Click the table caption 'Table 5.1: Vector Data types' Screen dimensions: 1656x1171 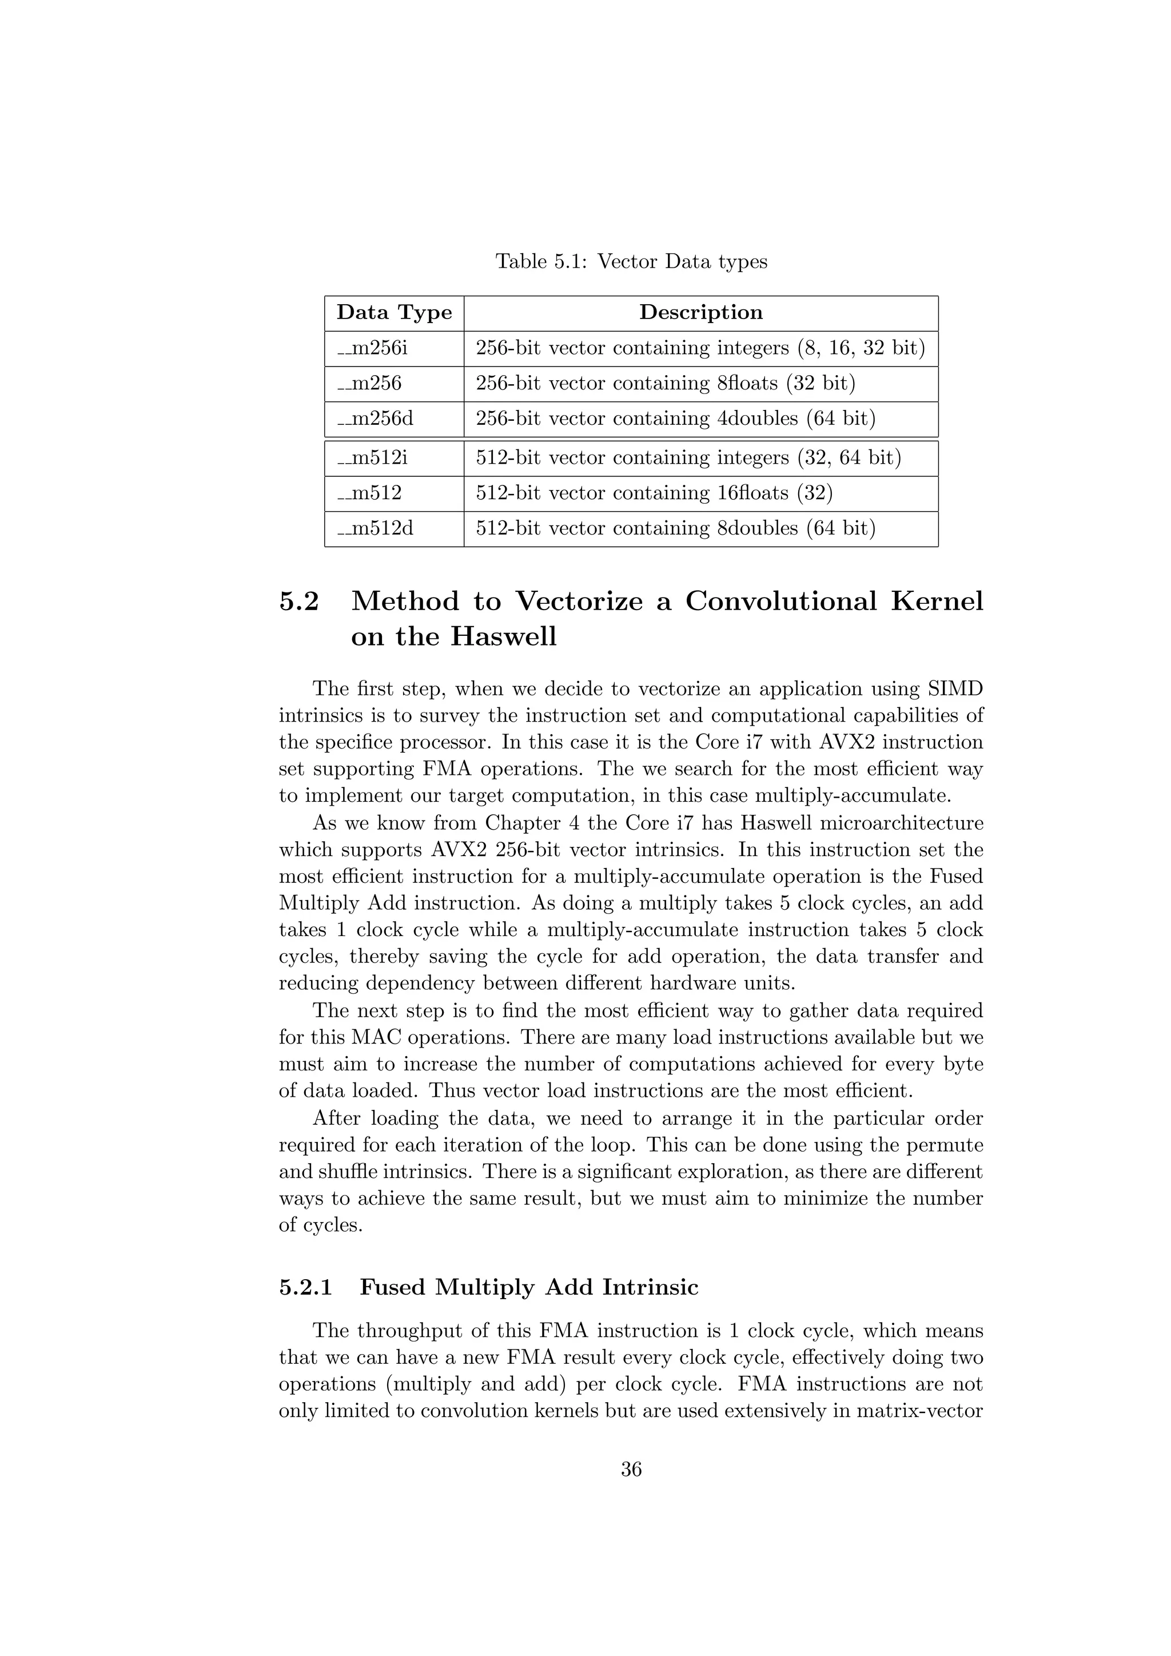[x=631, y=261]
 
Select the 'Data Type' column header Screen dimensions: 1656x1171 [x=394, y=312]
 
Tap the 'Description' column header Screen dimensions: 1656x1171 [x=700, y=312]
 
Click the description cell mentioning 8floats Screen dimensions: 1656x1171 [x=665, y=383]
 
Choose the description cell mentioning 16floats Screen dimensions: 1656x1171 [x=654, y=493]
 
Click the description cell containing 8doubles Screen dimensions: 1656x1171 [x=675, y=529]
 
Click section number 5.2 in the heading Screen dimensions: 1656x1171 [x=298, y=602]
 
